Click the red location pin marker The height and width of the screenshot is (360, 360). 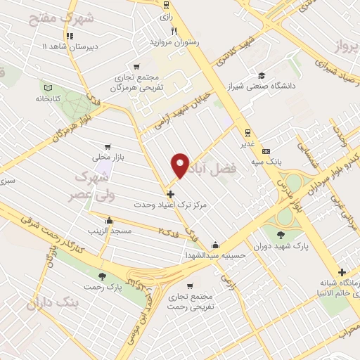pyautogui.click(x=181, y=165)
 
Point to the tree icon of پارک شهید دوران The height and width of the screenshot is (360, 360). pyautogui.click(x=282, y=236)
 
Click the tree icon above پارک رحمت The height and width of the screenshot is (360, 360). pyautogui.click(x=103, y=276)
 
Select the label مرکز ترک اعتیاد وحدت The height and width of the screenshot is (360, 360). pyautogui.click(x=168, y=204)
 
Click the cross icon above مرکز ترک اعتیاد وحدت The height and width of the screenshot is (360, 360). pyautogui.click(x=170, y=193)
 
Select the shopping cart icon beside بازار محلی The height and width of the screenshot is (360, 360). pyautogui.click(x=108, y=147)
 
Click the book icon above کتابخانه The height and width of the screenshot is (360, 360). pyautogui.click(x=48, y=88)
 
